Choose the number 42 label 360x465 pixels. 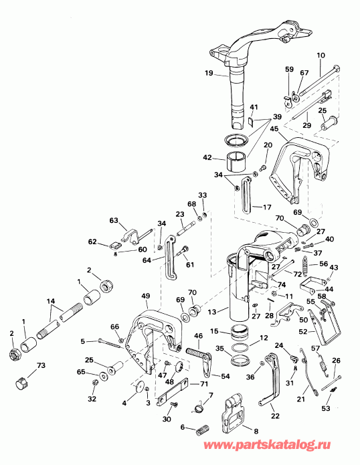tap(208, 159)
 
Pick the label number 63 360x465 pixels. tap(113, 219)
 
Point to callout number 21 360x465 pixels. tap(300, 399)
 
